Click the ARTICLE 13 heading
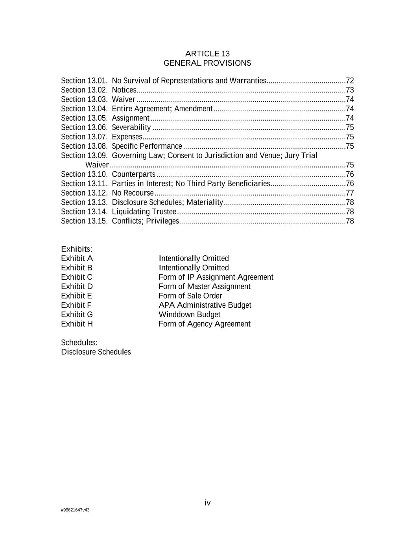(207, 54)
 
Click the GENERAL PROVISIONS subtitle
(207, 63)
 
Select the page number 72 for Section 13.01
(349, 81)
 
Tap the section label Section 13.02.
(84, 90)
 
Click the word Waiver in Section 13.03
(124, 100)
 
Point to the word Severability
(131, 127)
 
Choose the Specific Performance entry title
(147, 146)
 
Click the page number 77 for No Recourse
(349, 193)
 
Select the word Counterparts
(134, 174)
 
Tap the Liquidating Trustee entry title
(144, 212)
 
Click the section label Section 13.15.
(84, 221)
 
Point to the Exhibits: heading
(77, 249)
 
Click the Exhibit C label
(77, 277)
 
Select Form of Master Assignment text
(205, 286)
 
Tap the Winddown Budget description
(189, 314)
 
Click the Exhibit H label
(77, 324)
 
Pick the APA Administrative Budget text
(205, 305)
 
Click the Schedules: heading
(79, 343)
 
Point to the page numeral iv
(207, 502)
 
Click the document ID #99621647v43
(75, 510)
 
